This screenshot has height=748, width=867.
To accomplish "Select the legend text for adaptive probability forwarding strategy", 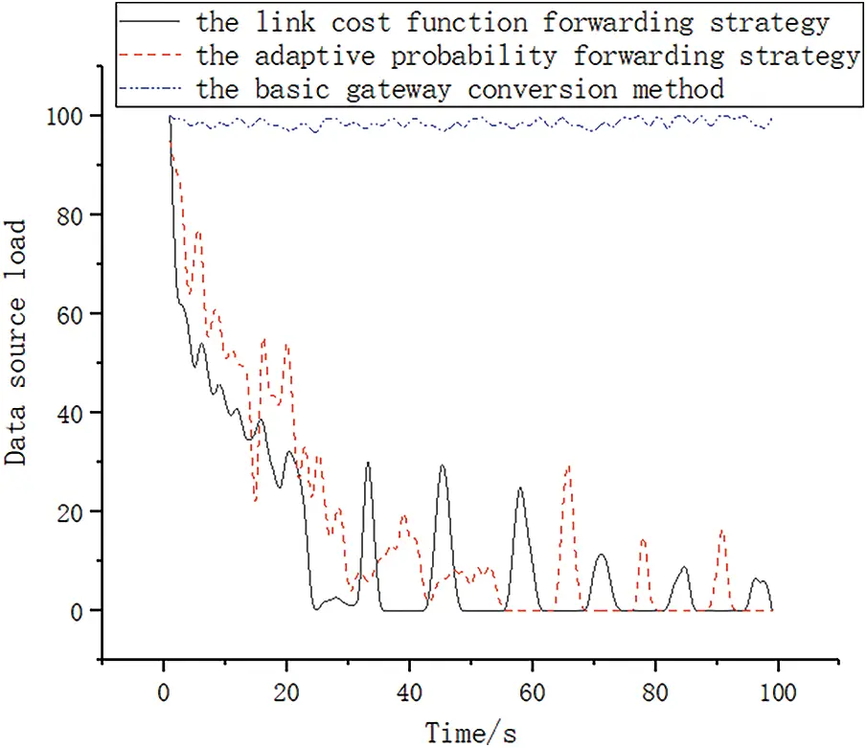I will tap(527, 56).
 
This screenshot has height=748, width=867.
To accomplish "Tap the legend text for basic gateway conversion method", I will tap(459, 90).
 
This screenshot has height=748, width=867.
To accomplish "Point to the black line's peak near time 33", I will tap(368, 464).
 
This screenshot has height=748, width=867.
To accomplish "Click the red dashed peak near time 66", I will tap(569, 467).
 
